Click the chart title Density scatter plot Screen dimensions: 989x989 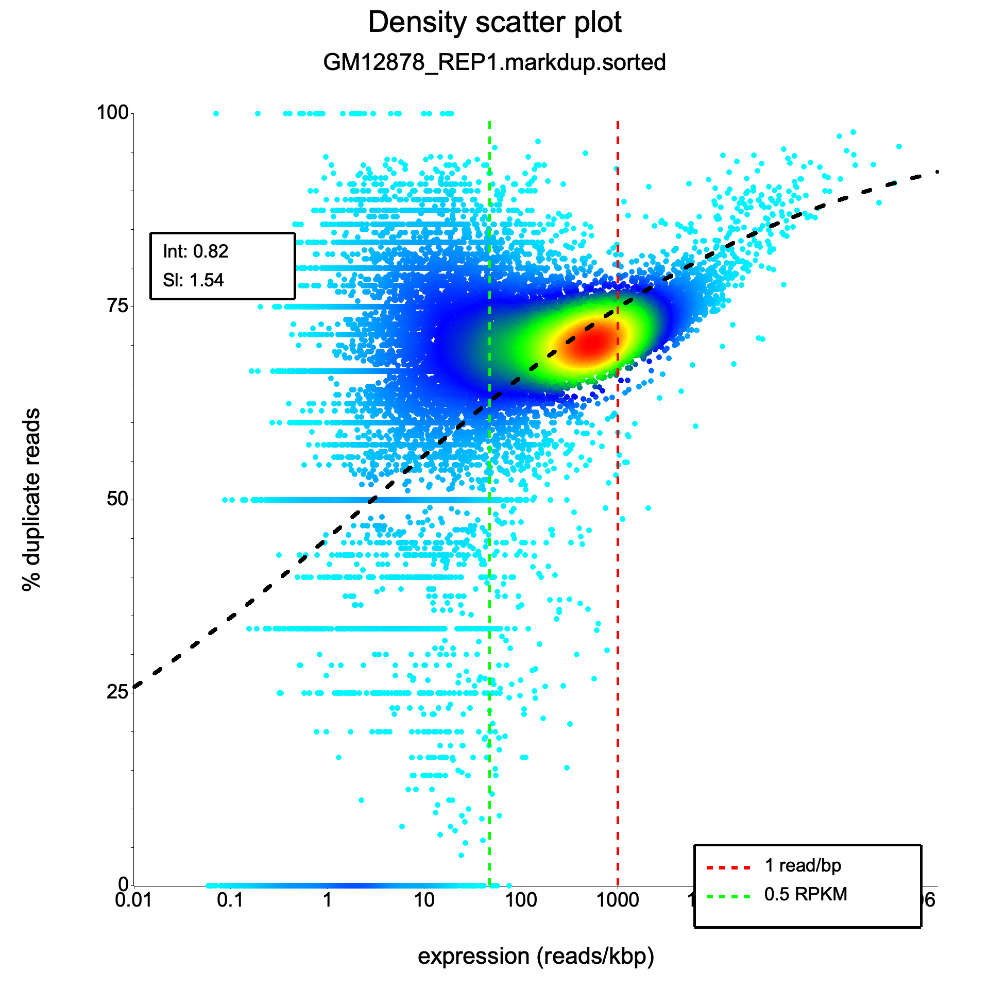[x=494, y=23]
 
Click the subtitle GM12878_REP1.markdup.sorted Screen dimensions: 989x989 [x=494, y=63]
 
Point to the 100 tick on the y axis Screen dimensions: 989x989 [x=113, y=112]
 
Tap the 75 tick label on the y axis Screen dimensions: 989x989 [x=117, y=306]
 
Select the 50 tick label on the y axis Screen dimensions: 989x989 [x=117, y=499]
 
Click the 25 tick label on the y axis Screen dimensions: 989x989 [x=117, y=692]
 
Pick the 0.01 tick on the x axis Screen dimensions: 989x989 [x=133, y=899]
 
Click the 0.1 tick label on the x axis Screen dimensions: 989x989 [x=230, y=899]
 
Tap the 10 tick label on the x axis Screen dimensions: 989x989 [x=424, y=899]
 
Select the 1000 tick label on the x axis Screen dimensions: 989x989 [x=617, y=899]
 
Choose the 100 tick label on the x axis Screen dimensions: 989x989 [x=520, y=899]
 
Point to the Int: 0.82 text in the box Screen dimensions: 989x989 [x=195, y=251]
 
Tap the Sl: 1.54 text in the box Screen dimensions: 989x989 [x=193, y=280]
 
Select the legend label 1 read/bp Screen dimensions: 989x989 [x=803, y=865]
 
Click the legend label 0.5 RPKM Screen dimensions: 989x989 [x=806, y=894]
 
